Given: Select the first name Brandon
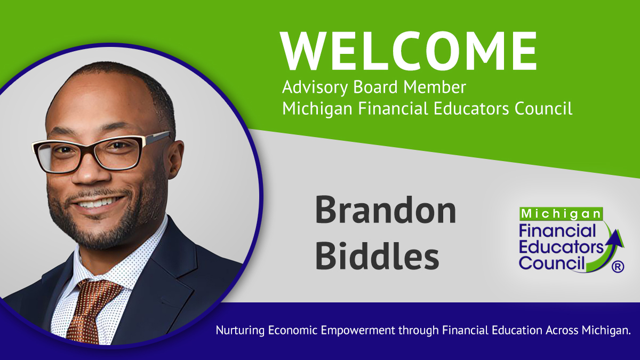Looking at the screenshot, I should click(385, 210).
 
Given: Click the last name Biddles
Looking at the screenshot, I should click(377, 255).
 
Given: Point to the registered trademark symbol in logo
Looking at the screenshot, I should click(617, 267).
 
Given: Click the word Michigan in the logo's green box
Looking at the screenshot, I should click(562, 214).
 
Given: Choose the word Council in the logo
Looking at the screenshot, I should click(551, 262).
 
